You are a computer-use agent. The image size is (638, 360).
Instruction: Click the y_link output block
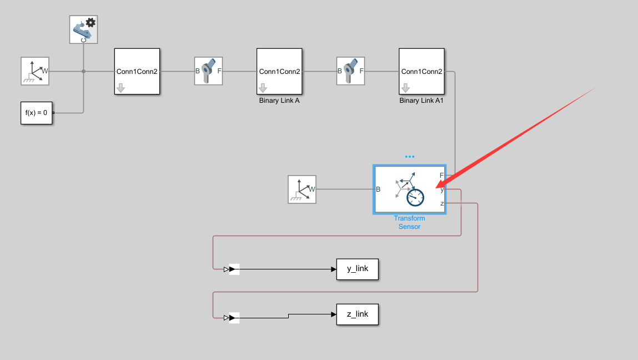coord(357,269)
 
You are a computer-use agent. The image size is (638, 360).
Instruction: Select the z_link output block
coord(357,314)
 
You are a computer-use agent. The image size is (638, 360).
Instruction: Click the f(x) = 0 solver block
coord(36,113)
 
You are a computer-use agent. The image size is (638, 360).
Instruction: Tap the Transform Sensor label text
coord(409,222)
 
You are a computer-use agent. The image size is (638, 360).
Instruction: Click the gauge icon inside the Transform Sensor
coord(415,197)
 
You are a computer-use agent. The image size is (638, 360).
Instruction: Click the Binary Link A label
coord(279,101)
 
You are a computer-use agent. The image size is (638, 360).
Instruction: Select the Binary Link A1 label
coord(421,101)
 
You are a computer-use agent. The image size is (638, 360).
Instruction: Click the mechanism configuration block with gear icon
coord(83,29)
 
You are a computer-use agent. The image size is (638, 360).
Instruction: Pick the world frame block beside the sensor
coord(302,189)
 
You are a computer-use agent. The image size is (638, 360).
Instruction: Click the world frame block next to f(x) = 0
coord(35,71)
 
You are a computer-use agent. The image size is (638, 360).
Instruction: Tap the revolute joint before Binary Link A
coord(208,71)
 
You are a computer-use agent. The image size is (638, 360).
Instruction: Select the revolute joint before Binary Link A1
coord(350,71)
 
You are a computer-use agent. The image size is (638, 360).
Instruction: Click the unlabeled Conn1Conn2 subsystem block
coord(137,71)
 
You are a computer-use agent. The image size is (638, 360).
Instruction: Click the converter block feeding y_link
coord(234,269)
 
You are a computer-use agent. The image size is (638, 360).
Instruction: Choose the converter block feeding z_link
coord(234,318)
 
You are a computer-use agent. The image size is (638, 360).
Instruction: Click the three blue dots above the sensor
coord(410,157)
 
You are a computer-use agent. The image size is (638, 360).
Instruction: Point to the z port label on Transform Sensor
coord(442,203)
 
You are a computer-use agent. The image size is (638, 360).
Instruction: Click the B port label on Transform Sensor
coord(378,189)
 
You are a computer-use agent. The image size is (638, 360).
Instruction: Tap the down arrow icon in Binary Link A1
coord(405,88)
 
